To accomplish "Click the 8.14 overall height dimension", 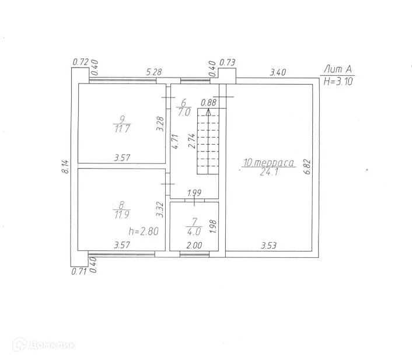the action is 66,167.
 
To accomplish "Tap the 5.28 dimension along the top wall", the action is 153,72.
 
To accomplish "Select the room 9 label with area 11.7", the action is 122,124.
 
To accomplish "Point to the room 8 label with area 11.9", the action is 121,210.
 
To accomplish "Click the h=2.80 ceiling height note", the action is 144,231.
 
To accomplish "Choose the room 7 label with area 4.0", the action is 194,227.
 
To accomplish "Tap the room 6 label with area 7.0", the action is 183,107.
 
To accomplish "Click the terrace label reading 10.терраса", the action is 268,163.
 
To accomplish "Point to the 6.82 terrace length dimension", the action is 308,167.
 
